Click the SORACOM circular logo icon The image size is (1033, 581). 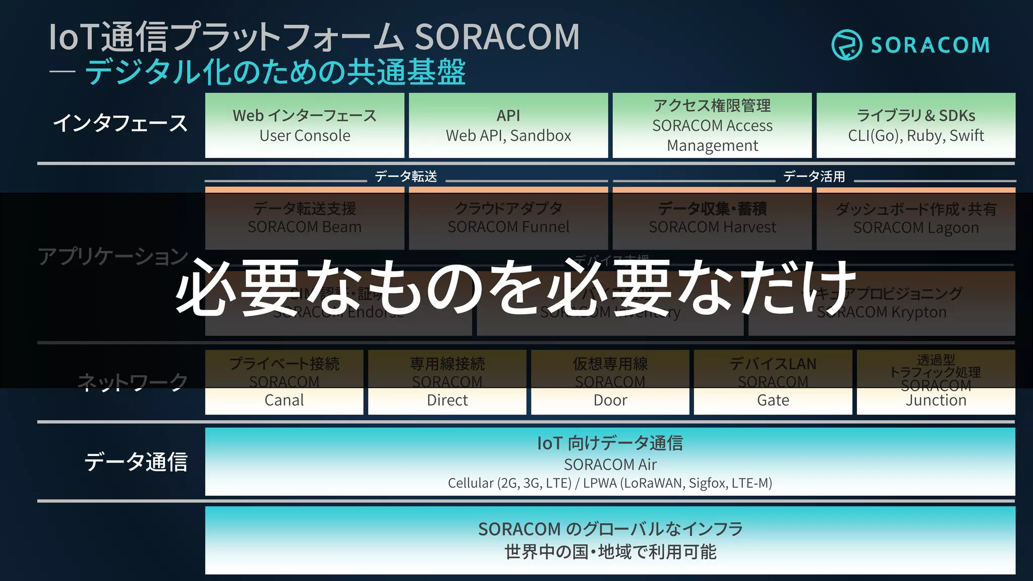tap(846, 45)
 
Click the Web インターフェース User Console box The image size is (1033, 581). tap(305, 125)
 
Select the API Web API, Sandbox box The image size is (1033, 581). tap(508, 125)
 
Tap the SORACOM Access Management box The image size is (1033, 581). tap(712, 125)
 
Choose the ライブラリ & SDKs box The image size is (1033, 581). tap(916, 125)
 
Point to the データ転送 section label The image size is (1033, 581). tap(406, 177)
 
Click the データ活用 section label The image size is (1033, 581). tap(814, 177)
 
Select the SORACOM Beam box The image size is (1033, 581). tap(305, 219)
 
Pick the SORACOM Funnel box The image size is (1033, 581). tap(508, 219)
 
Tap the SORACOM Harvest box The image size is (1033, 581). tap(712, 219)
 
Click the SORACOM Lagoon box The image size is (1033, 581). tap(916, 219)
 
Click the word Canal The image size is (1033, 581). tap(284, 400)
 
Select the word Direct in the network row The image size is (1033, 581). tap(447, 400)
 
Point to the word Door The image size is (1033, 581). tap(610, 400)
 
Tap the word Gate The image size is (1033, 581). tap(773, 400)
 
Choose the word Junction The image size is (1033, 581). tap(936, 400)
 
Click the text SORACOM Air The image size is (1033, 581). tap(610, 464)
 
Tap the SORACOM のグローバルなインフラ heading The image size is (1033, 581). tap(610, 529)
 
